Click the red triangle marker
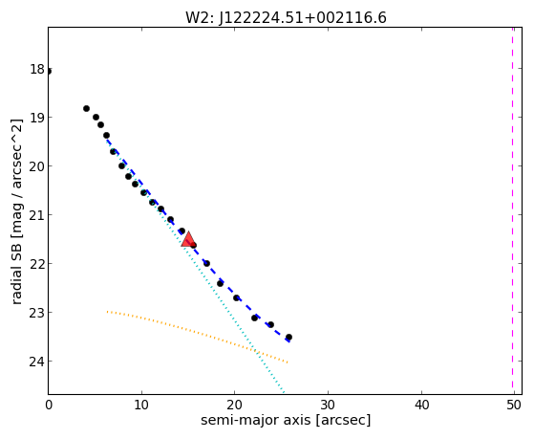tap(188, 239)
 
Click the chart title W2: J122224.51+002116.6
tap(286, 18)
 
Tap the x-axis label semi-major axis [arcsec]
tap(286, 420)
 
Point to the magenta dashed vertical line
tap(512, 210)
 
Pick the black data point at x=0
tap(49, 72)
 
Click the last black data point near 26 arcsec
tap(288, 337)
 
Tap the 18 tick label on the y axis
tap(37, 69)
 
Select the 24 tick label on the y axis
tap(37, 362)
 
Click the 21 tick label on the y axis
tap(37, 215)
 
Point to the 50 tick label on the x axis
tap(514, 405)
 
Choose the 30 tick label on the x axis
tap(328, 405)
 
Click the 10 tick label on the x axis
tap(141, 405)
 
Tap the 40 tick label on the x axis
tap(421, 405)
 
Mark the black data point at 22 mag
tap(206, 263)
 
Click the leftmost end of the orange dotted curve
tap(107, 312)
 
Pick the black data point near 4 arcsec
tap(86, 108)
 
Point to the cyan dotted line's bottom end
tap(284, 391)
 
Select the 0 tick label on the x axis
tap(49, 405)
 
